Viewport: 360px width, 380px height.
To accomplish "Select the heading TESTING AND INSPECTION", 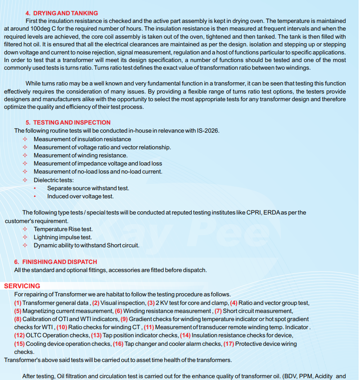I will (x=72, y=122).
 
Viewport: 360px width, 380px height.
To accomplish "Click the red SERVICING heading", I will (x=22, y=286).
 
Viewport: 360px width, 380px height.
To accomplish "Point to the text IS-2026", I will (x=207, y=131).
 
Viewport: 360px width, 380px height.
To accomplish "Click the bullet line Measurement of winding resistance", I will (x=81, y=155).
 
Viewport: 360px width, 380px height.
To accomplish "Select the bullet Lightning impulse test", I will (x=63, y=237).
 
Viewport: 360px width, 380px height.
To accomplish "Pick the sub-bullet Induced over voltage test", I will (x=81, y=196).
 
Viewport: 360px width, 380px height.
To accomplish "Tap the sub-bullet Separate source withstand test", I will (x=88, y=188).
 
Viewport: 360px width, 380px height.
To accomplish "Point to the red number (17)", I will (x=229, y=344).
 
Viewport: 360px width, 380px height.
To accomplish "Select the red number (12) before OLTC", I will (x=20, y=335).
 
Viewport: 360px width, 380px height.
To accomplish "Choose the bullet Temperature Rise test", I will (x=63, y=229).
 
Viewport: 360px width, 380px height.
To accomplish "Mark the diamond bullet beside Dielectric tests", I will (x=25, y=180).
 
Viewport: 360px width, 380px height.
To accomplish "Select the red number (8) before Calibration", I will (x=18, y=319).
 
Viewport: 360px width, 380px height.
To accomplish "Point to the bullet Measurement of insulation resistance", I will (x=82, y=139).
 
